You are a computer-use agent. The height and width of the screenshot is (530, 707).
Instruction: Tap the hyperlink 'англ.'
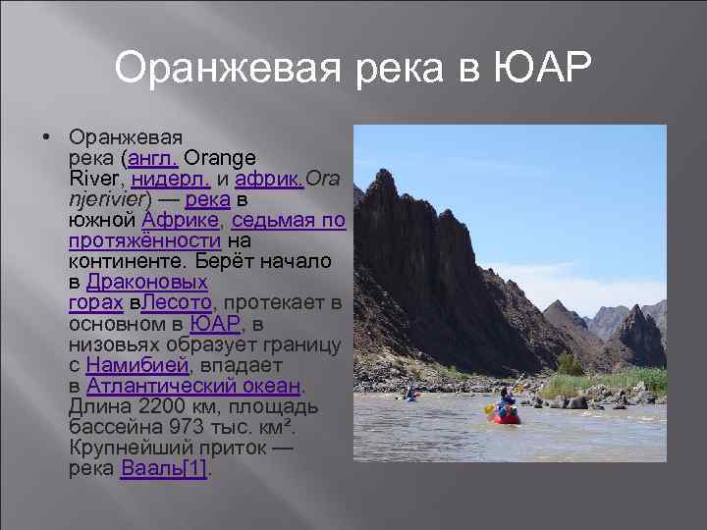click(152, 158)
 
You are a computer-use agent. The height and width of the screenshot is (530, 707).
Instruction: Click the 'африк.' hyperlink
click(270, 180)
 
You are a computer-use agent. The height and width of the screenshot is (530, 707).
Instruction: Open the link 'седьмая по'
click(289, 222)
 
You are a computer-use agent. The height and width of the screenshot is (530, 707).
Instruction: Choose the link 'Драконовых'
click(147, 282)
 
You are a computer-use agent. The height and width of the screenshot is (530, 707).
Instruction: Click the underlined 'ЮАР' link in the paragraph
click(214, 324)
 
